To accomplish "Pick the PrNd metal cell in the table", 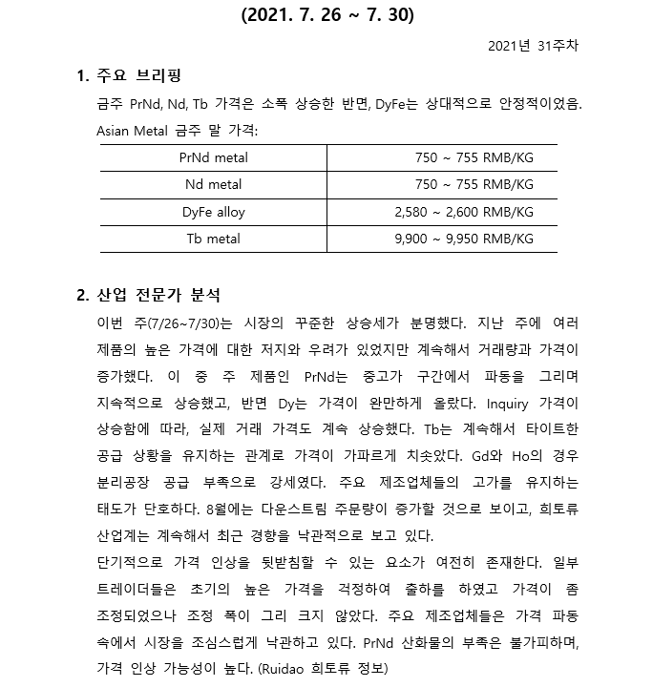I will click(x=213, y=156).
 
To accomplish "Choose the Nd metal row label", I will click(x=213, y=184).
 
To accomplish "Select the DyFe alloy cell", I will click(x=213, y=212).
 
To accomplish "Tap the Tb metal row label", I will click(x=213, y=239).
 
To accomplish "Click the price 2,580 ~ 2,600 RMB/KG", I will click(x=464, y=212).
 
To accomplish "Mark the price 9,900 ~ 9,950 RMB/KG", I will click(x=464, y=239).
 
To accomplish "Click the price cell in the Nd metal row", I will click(x=474, y=184).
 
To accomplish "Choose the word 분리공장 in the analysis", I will click(x=129, y=482).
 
